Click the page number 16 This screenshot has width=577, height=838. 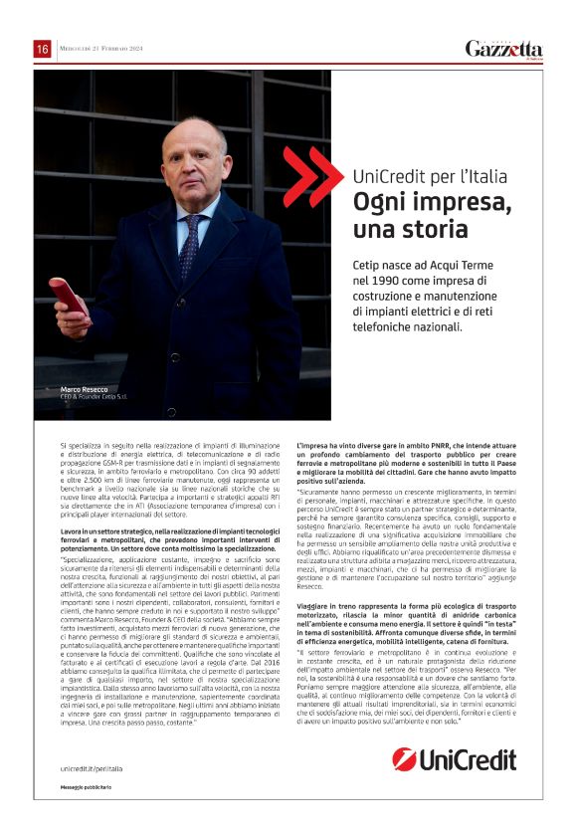click(42, 49)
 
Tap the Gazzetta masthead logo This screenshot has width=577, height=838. click(504, 48)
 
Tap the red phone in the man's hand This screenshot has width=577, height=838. click(70, 297)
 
